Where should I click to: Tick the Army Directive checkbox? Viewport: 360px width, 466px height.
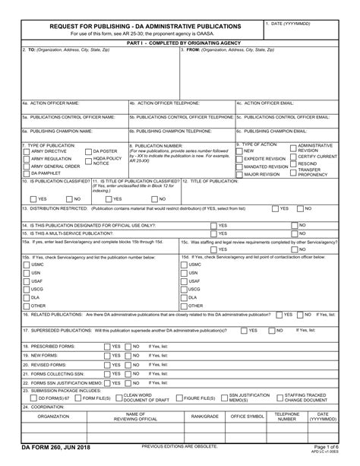tap(25, 151)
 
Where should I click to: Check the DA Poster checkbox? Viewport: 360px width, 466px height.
tap(88, 151)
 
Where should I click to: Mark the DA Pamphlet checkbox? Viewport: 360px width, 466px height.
tap(25, 173)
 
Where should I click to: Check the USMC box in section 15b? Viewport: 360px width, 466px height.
tap(26, 264)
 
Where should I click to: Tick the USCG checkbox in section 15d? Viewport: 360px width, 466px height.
tap(185, 289)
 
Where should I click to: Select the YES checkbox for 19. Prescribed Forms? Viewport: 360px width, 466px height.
tap(106, 346)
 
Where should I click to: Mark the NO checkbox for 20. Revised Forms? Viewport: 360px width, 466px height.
tap(128, 364)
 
